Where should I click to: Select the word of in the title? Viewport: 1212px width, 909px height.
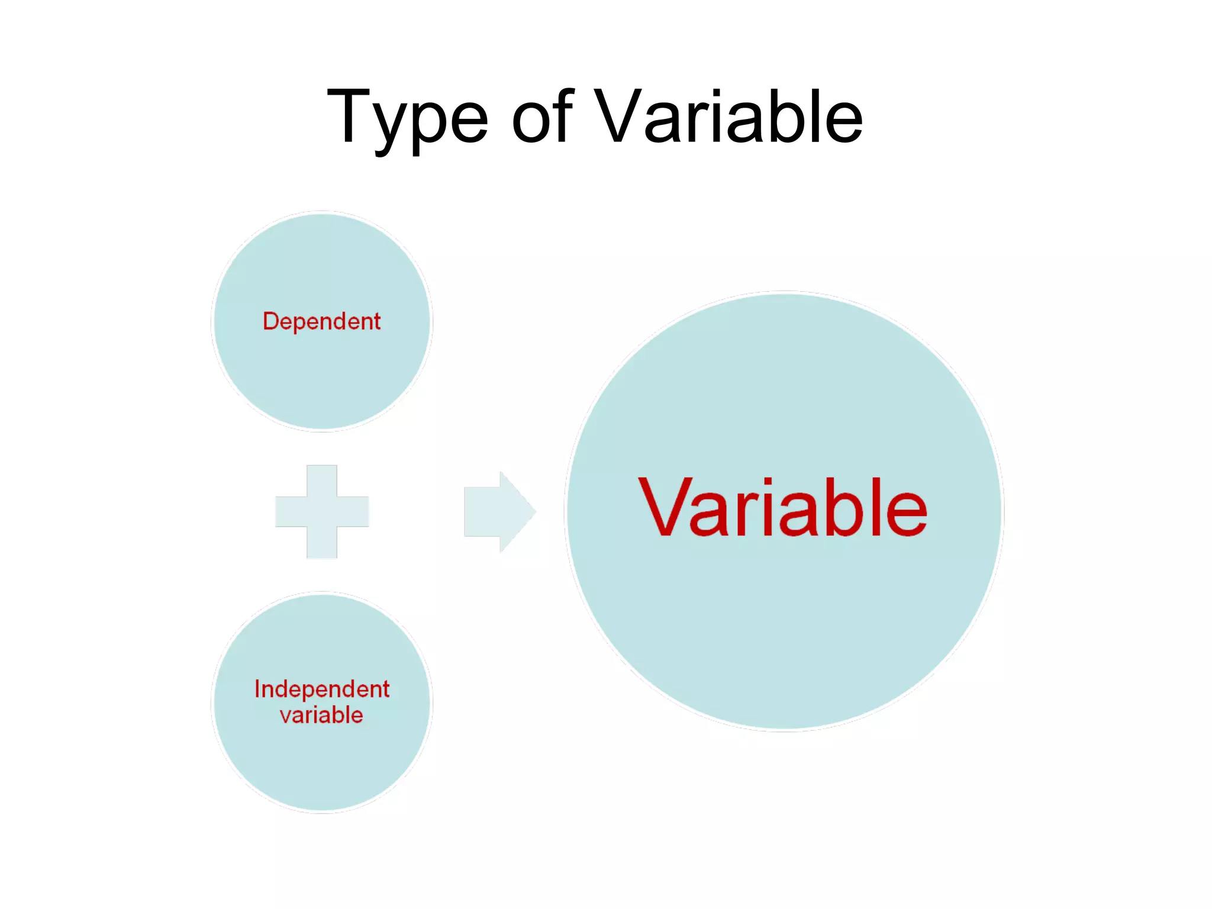click(x=542, y=117)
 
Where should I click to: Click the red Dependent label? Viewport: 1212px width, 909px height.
click(x=321, y=321)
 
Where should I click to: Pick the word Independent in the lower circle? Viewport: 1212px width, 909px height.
click(x=321, y=689)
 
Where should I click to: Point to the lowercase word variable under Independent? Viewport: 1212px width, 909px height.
click(x=321, y=715)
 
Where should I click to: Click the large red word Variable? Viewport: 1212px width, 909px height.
click(x=782, y=508)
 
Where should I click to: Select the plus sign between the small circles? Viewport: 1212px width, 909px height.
click(x=322, y=511)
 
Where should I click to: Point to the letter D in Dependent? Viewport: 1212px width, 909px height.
click(x=270, y=321)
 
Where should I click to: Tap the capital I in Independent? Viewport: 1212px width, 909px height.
click(x=257, y=689)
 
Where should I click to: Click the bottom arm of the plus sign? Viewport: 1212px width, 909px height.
click(x=322, y=543)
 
